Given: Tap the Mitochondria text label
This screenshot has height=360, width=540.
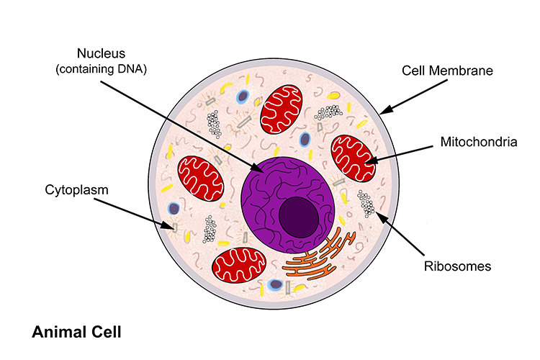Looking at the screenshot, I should [x=479, y=143].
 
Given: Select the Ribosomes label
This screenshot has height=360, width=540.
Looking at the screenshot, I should [x=458, y=266].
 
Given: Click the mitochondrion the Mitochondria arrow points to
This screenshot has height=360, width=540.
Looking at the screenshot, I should [x=354, y=158].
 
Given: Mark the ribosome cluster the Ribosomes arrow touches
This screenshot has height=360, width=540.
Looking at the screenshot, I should [x=367, y=204].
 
